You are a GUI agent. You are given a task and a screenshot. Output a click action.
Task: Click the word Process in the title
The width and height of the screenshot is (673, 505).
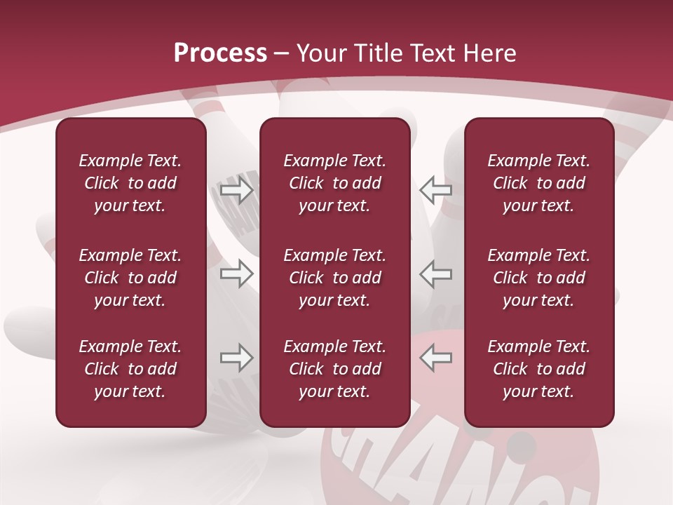220,53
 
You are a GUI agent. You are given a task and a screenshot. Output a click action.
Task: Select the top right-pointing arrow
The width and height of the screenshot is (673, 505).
236,190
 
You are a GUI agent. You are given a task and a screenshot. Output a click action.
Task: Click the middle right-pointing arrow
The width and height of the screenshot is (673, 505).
236,274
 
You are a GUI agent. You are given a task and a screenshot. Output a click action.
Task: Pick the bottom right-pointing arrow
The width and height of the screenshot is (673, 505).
236,358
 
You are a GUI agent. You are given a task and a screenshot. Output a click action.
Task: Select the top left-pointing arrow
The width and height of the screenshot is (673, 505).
436,190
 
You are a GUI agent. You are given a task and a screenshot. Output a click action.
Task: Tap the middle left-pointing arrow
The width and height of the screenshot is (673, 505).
436,274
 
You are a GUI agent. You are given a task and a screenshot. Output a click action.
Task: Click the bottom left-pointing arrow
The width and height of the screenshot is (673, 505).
436,358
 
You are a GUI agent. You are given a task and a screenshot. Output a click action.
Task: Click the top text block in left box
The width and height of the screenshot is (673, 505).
130,183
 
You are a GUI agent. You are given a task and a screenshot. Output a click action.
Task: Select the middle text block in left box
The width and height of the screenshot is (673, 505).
130,278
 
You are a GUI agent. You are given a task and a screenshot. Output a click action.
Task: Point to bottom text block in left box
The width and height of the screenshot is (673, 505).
130,369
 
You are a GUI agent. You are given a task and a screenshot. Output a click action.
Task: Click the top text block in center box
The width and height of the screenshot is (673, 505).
334,183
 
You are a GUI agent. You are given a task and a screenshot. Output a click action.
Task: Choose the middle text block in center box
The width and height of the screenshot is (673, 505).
334,278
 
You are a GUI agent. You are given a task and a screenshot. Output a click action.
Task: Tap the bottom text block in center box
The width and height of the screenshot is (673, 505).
334,369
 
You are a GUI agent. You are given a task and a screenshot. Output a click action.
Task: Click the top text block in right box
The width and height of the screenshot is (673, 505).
538,183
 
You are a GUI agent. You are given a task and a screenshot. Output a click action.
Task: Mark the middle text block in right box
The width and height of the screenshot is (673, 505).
538,278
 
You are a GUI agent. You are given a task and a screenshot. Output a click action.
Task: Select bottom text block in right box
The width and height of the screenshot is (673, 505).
538,369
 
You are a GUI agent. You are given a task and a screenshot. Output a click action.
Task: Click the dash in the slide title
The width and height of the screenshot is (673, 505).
281,54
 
